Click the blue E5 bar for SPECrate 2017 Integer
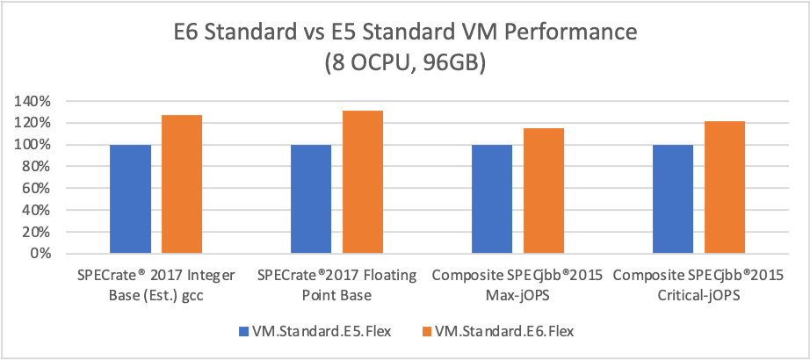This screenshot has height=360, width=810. tap(130, 199)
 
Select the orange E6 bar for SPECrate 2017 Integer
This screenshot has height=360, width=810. tap(181, 184)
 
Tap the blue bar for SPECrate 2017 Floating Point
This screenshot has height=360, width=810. tap(311, 199)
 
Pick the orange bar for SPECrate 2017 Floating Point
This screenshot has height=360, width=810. tap(362, 182)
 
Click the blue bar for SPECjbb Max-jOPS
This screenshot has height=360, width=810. tap(492, 199)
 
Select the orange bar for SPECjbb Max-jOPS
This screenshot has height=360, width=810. tap(544, 191)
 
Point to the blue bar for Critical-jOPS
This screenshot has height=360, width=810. tap(673, 199)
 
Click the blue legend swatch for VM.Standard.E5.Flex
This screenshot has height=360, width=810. tap(243, 331)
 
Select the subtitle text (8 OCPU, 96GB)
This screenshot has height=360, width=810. tap(404, 67)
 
